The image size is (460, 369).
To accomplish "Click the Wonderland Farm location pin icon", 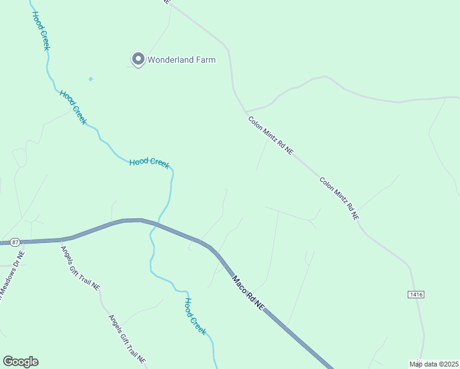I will [138, 59].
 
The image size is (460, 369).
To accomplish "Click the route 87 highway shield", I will [15, 242].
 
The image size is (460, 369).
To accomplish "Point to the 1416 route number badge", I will [416, 295].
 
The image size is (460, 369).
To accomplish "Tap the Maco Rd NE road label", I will [248, 293].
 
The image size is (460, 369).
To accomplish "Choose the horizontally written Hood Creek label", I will [149, 162].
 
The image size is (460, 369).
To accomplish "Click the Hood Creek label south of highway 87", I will [196, 316].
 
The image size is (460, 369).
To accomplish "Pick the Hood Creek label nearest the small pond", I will [73, 107].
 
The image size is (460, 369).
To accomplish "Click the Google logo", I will [20, 362].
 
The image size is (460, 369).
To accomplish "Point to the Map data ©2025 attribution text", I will [434, 363].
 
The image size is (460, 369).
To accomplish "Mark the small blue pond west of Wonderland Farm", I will [91, 79].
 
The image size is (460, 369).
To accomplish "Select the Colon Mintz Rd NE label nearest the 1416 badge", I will [339, 199].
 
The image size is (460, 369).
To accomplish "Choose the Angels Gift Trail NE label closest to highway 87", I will [80, 268].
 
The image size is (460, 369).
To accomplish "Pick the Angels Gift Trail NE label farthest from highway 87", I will [127, 339].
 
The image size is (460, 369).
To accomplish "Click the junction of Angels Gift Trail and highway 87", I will [61, 239].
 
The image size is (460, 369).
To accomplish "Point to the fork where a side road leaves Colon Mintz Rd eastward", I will [246, 111].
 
